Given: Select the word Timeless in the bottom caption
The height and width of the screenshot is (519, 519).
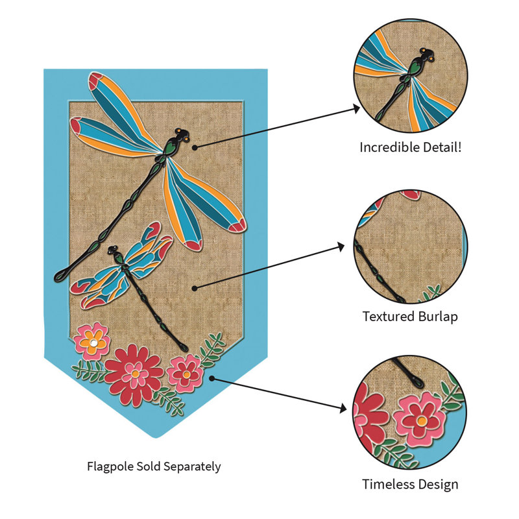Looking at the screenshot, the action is click(385, 484).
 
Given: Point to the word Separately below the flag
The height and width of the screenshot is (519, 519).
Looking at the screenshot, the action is click(192, 466).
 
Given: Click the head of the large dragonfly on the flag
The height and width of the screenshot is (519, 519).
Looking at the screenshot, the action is click(182, 134).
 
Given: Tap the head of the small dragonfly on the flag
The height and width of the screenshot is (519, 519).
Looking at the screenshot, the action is click(112, 250).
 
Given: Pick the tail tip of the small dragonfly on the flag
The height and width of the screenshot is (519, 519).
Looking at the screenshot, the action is click(184, 348).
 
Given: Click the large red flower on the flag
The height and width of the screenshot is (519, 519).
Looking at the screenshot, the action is click(134, 374).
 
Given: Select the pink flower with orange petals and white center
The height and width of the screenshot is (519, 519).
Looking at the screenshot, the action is click(91, 342).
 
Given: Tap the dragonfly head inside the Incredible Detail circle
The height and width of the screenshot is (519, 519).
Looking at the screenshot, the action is click(427, 55).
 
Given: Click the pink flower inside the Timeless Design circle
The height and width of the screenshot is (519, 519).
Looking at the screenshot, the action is click(420, 419).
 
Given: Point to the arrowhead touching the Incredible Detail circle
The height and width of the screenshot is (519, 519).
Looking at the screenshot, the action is click(356, 108).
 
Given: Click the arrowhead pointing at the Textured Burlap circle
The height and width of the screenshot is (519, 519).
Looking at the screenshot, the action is click(341, 247).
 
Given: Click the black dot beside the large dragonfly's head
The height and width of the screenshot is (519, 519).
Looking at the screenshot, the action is click(195, 147).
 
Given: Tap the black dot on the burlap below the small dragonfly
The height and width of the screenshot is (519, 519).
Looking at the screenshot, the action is click(195, 288).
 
